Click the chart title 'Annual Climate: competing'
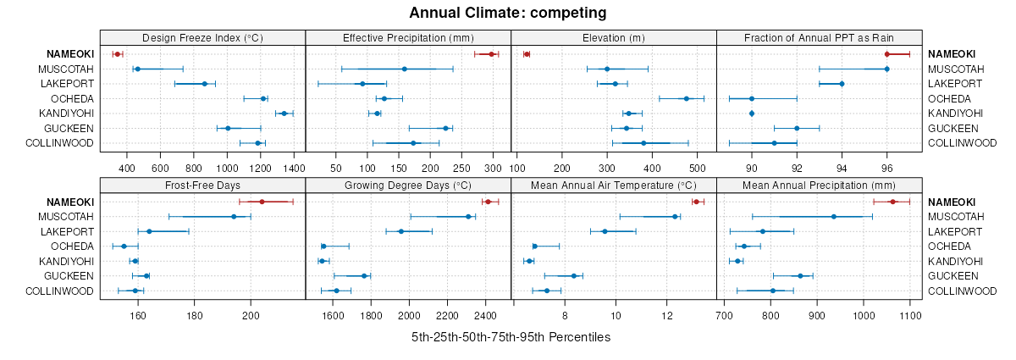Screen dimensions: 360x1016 click(507, 13)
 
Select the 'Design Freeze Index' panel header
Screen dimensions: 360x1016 click(202, 37)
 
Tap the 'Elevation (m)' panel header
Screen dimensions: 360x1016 click(614, 37)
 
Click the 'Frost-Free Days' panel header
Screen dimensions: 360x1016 click(202, 185)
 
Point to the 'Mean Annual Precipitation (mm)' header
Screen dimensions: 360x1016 click(819, 185)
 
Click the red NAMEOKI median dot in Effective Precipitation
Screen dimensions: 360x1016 click(491, 54)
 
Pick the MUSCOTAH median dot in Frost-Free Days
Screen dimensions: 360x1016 click(234, 217)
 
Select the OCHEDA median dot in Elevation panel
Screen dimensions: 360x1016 click(686, 98)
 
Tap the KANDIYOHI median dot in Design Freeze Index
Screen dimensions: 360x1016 click(284, 114)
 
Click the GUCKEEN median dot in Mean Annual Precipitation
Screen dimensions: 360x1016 click(800, 276)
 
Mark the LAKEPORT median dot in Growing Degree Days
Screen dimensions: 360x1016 click(401, 231)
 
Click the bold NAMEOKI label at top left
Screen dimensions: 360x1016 click(71, 54)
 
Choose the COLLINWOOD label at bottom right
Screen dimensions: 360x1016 click(962, 291)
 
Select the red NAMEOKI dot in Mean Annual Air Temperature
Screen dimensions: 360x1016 click(696, 202)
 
